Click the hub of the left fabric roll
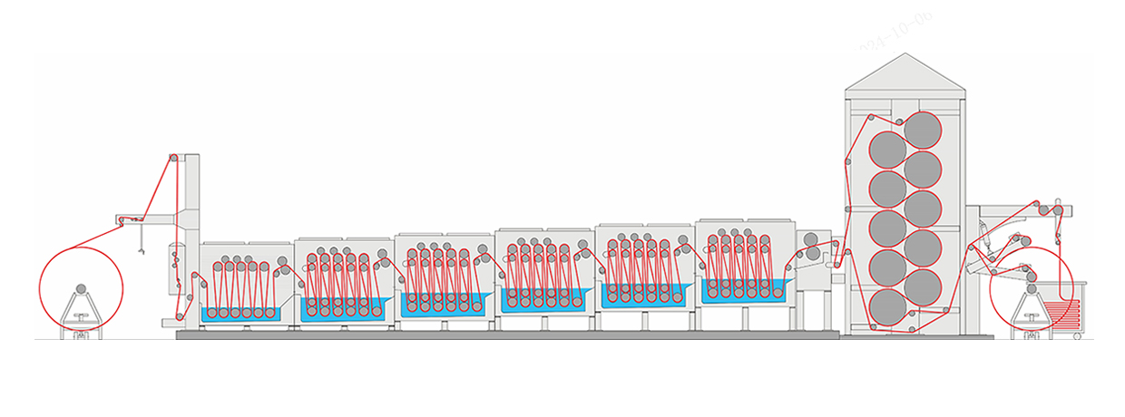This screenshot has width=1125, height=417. point(81,288)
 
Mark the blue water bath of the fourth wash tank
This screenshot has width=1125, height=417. point(543,299)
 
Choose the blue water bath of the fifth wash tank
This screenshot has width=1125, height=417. point(643,296)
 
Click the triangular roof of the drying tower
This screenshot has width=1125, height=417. point(904,74)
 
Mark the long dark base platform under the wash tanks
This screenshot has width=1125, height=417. point(508,335)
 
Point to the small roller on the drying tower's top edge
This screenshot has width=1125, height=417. point(898,120)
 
